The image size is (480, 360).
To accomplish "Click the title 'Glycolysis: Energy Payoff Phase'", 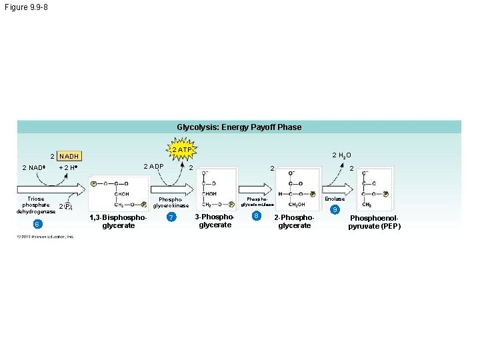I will (239, 127).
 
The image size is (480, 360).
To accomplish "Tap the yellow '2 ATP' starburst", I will (181, 150).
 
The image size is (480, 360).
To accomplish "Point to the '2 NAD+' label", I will (33, 167).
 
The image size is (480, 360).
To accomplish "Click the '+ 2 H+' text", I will (69, 167).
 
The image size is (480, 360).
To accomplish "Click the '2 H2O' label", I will (341, 155).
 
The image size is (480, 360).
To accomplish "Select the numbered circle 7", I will (171, 218).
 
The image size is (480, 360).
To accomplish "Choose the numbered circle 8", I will (256, 215).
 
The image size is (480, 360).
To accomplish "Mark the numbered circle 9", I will (335, 210).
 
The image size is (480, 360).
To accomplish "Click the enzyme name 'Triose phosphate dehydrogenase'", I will (37, 205).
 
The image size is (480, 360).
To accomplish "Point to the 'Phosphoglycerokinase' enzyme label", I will (171, 202).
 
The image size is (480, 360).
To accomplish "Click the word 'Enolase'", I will (334, 199).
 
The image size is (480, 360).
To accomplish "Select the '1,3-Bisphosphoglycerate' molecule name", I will (117, 221).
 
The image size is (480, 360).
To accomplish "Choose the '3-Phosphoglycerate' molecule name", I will (215, 221).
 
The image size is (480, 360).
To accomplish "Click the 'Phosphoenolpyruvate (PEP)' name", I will (374, 222).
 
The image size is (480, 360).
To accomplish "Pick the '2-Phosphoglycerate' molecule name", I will (294, 221).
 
